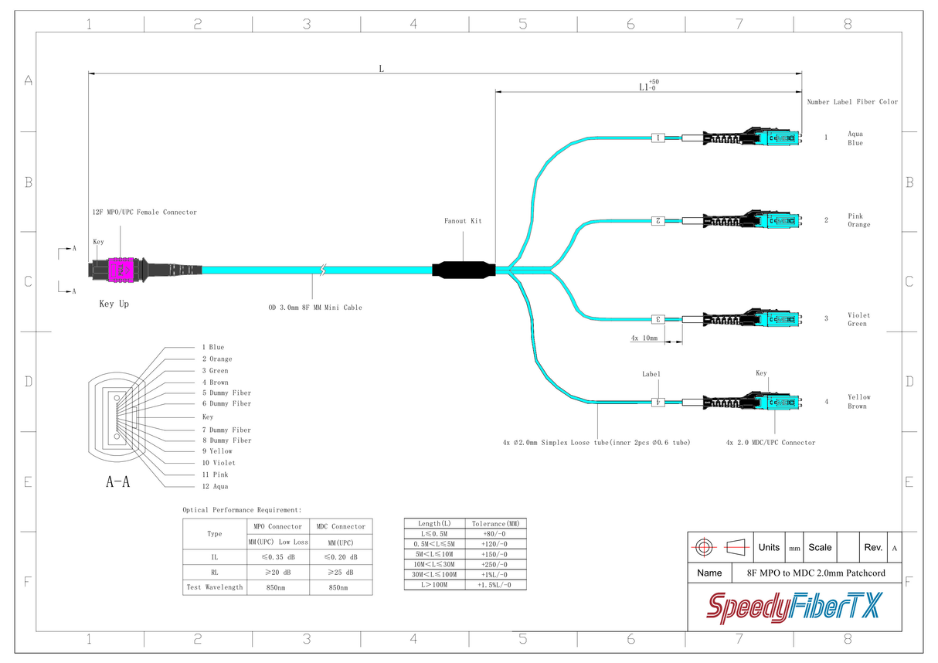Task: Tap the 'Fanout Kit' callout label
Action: point(463,221)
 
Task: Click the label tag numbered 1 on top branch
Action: point(658,138)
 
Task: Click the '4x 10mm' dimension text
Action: point(644,338)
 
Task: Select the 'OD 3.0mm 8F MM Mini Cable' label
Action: point(315,308)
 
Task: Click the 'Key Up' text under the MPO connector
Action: point(114,304)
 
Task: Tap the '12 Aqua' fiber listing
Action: point(215,486)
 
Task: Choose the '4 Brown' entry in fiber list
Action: point(215,382)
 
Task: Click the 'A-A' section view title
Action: point(117,482)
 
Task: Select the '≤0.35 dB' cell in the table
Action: point(277,557)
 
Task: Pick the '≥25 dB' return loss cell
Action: point(340,573)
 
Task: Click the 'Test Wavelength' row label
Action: point(215,587)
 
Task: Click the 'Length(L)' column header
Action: point(434,524)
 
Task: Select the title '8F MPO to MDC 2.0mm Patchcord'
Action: point(816,573)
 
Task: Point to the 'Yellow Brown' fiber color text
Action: point(858,402)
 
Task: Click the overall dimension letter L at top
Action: point(381,69)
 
